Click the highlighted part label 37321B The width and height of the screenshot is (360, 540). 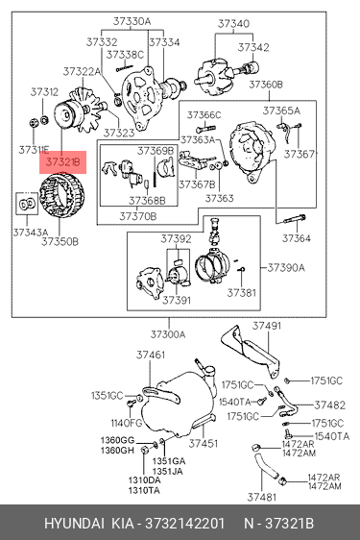coord(62,161)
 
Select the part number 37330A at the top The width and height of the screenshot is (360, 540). coord(132,22)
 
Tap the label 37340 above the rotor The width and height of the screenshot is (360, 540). coord(233,24)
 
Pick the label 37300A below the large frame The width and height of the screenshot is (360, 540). coord(168,334)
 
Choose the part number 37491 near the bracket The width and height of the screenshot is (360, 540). coord(267,326)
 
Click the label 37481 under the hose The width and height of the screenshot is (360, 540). coord(262,497)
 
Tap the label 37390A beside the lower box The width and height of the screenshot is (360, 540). coord(286,267)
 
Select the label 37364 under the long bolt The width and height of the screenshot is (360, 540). coord(297,238)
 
